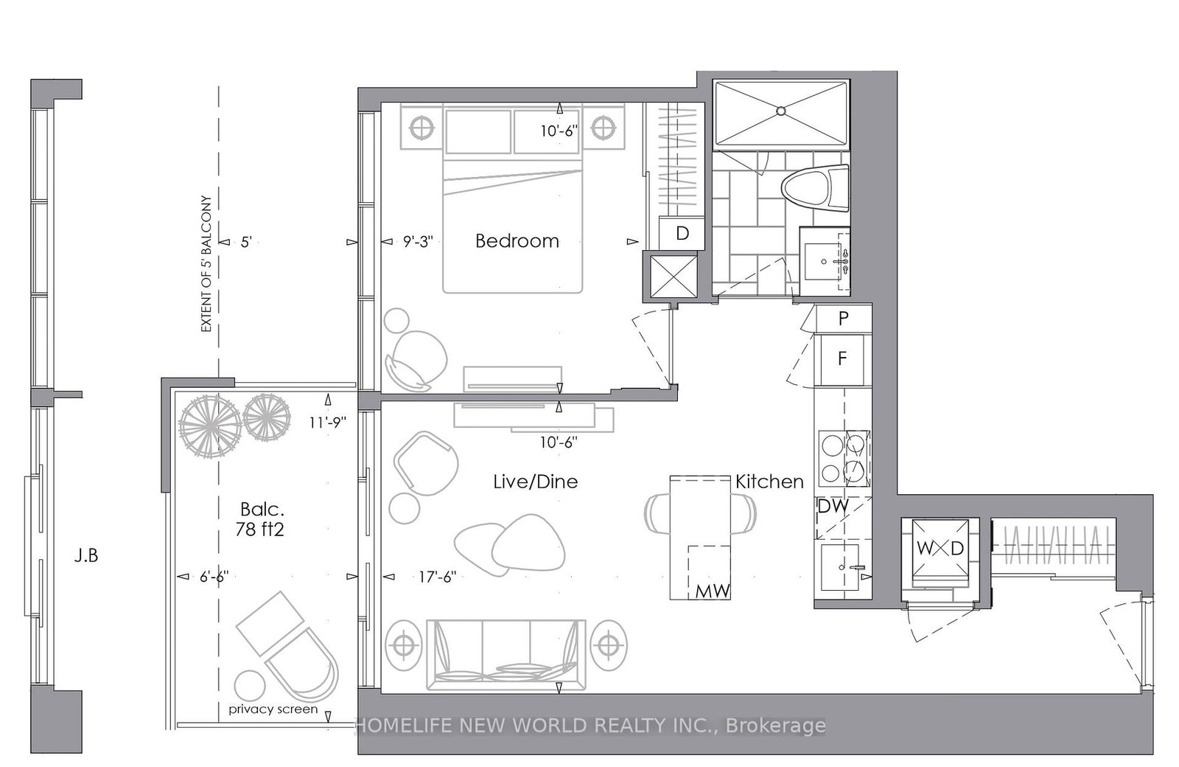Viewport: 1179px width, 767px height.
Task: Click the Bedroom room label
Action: coord(517,241)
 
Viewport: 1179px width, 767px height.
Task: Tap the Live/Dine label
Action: coord(535,482)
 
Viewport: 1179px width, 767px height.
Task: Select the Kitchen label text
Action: coord(769,482)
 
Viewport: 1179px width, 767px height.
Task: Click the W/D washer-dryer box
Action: coord(940,549)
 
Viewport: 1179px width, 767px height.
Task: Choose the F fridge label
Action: coord(842,359)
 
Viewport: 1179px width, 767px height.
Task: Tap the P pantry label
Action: coord(844,319)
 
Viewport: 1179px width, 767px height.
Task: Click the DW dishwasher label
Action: coord(833,507)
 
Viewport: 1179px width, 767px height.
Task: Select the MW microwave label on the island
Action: coord(713,591)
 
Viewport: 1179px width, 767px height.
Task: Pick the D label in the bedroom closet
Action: coord(682,234)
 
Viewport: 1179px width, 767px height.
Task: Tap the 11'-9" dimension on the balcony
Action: coord(328,422)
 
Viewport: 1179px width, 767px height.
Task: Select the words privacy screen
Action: coord(273,709)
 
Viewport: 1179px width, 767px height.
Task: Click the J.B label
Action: coord(85,555)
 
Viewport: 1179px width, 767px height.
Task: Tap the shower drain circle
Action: coord(780,111)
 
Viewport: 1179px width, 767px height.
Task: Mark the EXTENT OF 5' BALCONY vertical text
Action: coord(206,263)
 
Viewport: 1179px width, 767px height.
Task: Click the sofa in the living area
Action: coord(505,649)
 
